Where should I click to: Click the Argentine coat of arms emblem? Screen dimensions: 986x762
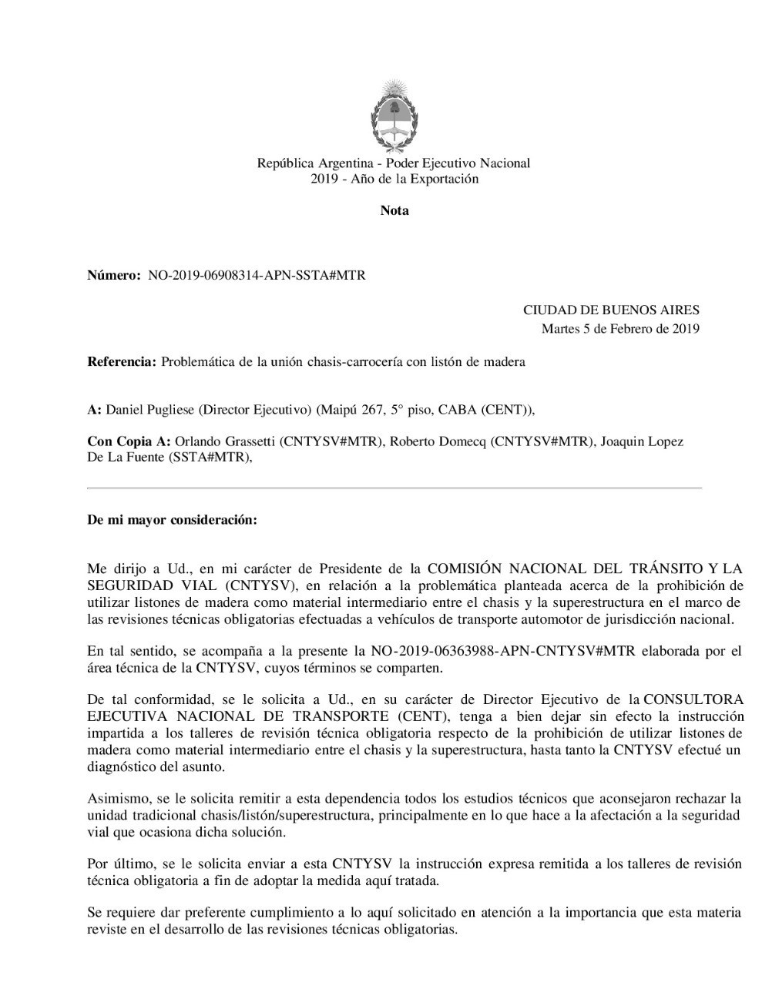(394, 113)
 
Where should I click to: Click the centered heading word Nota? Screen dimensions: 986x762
(394, 210)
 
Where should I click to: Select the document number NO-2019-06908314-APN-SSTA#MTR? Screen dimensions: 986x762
(256, 275)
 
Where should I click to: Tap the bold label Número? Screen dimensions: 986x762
(114, 275)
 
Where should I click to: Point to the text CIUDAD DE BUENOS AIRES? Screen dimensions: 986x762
(611, 310)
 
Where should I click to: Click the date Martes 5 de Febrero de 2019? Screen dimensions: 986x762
(620, 329)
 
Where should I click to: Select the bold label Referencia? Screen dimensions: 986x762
(122, 361)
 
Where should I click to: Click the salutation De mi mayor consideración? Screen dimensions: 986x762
(172, 520)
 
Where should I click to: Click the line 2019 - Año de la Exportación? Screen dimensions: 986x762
(394, 179)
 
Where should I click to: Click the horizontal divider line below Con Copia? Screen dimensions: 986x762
(394, 488)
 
